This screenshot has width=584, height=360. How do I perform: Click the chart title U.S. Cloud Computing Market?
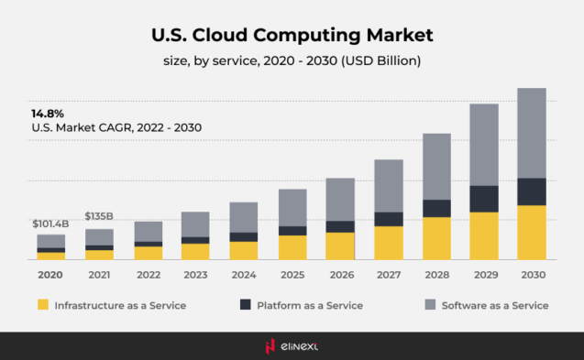coord(292,35)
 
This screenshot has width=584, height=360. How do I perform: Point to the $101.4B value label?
coord(50,224)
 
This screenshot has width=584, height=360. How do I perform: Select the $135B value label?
coord(99,216)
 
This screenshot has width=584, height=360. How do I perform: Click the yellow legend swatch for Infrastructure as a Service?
coord(42,305)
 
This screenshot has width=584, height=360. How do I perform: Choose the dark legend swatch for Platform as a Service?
coord(245,305)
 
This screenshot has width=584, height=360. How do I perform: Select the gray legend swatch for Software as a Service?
coord(429,305)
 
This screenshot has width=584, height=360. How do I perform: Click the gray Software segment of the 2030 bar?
coord(532,133)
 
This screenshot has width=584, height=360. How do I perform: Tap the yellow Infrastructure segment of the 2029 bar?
coord(484,235)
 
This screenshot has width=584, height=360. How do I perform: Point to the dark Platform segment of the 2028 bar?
coord(436,208)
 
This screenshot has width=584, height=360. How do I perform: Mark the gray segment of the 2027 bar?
coord(389,185)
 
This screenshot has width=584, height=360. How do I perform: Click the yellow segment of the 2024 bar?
coord(244,250)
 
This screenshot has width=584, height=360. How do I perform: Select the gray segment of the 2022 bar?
coord(148,231)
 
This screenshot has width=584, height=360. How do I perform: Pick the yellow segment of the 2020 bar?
coord(51,256)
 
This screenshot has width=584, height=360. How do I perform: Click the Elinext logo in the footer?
coord(292,346)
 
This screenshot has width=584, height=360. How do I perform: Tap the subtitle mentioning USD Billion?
coord(292,61)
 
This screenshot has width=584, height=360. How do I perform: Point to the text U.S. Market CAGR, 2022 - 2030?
coord(116,127)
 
